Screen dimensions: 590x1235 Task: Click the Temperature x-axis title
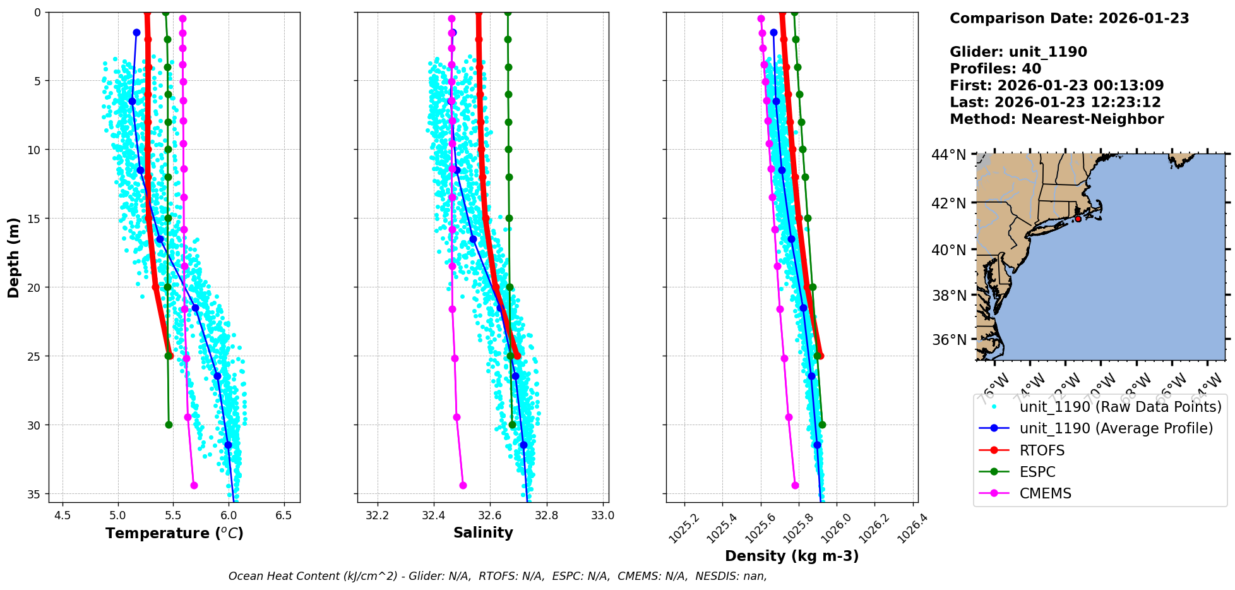(174, 534)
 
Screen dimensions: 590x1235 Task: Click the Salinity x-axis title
(483, 533)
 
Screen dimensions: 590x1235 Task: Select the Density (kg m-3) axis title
(792, 557)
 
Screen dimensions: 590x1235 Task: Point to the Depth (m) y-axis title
(14, 258)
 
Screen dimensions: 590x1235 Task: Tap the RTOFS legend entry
(1042, 450)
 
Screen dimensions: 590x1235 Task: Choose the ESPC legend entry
(1037, 472)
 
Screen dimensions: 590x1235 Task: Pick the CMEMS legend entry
(1046, 493)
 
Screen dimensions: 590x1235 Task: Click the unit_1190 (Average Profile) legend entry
(1116, 428)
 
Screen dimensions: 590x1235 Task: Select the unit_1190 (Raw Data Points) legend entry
(1121, 407)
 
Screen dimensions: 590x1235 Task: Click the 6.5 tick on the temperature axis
(284, 515)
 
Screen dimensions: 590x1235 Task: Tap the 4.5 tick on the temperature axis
(63, 515)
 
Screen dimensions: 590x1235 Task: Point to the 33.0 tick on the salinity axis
(602, 515)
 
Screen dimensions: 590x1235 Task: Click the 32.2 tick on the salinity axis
(378, 515)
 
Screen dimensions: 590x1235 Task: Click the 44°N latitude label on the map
(949, 155)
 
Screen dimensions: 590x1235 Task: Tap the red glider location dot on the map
(1078, 219)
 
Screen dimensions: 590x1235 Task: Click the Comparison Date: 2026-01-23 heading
(1069, 18)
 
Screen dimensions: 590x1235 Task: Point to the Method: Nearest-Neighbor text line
(1056, 119)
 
